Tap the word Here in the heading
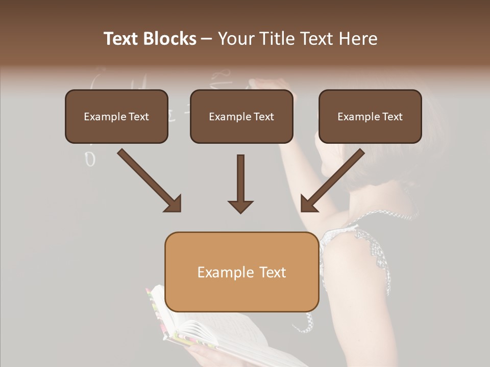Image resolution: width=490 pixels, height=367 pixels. pyautogui.click(x=358, y=39)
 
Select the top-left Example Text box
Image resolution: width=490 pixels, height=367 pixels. pyautogui.click(x=116, y=116)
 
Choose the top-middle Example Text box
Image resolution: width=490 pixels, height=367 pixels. pyautogui.click(x=241, y=116)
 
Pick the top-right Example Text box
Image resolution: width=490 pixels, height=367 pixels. pyautogui.click(x=370, y=116)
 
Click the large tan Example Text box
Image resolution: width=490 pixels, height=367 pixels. pyautogui.click(x=241, y=272)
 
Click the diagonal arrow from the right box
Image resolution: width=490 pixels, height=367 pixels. pyautogui.click(x=332, y=180)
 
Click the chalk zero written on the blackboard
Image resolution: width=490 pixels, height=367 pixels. pyautogui.click(x=90, y=160)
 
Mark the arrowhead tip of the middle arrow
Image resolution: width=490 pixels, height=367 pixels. pyautogui.click(x=240, y=212)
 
